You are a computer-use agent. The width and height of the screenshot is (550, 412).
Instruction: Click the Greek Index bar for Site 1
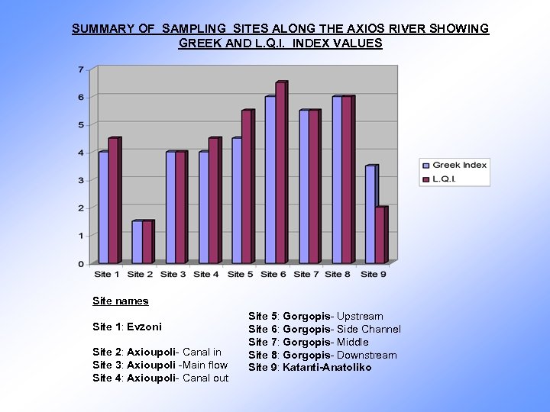pyautogui.click(x=103, y=208)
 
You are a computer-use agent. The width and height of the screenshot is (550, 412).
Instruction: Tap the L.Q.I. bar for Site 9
pyautogui.click(x=380, y=236)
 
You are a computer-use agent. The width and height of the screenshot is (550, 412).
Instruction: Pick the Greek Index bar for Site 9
pyautogui.click(x=370, y=214)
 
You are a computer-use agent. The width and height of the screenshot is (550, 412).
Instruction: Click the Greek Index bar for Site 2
pyautogui.click(x=137, y=243)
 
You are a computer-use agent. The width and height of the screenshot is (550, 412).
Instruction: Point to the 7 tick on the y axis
pyautogui.click(x=81, y=69)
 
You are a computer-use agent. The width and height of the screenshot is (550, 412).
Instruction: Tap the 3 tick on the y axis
pyautogui.click(x=81, y=180)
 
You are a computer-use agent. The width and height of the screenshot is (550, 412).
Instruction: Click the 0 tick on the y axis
pyautogui.click(x=81, y=263)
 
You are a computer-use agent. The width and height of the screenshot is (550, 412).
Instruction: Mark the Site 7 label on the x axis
pyautogui.click(x=306, y=274)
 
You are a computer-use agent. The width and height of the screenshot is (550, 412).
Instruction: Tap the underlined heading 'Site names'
pyautogui.click(x=120, y=301)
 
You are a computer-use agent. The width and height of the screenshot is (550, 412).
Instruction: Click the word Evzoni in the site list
pyautogui.click(x=144, y=327)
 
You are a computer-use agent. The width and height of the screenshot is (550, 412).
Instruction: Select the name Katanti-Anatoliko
pyautogui.click(x=327, y=368)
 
